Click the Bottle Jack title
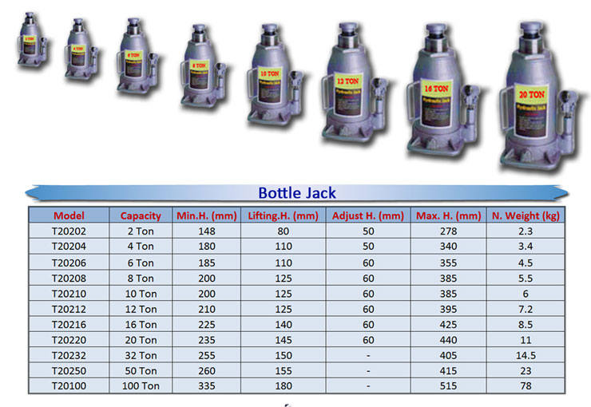(297, 192)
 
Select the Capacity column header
(141, 215)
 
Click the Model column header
(69, 215)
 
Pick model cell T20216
(69, 325)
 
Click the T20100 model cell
(69, 386)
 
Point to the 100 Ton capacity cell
(141, 386)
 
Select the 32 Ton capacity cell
(141, 355)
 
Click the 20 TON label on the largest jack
(530, 92)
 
